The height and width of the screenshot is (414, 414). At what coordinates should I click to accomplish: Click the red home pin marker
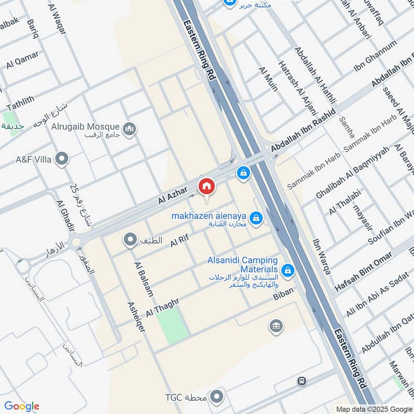click(206, 186)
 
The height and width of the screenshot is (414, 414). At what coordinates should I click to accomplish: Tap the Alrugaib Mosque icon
click(129, 127)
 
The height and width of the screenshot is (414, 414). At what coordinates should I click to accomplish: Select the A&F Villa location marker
click(62, 159)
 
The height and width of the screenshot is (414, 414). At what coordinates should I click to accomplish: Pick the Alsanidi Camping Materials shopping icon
click(288, 270)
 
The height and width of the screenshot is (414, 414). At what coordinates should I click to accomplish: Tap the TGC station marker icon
click(218, 397)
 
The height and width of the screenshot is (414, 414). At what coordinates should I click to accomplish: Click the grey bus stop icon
click(302, 381)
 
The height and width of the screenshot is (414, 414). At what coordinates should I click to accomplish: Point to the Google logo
click(21, 406)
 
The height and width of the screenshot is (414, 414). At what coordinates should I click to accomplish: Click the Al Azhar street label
click(172, 195)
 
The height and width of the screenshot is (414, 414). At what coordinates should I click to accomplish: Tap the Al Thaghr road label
click(162, 308)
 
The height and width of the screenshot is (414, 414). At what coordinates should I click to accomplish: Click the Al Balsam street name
click(144, 279)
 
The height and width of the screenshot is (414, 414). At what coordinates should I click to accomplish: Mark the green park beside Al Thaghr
click(172, 324)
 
